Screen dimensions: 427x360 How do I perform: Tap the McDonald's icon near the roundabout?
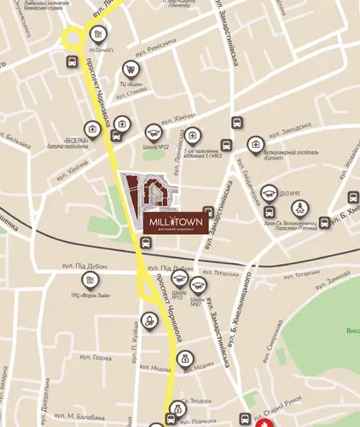click(x=99, y=35)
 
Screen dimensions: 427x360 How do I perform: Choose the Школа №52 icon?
click(x=179, y=278)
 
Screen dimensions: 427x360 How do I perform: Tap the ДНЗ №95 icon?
click(x=269, y=192)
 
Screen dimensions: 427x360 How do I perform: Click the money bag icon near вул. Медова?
click(x=185, y=360)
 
